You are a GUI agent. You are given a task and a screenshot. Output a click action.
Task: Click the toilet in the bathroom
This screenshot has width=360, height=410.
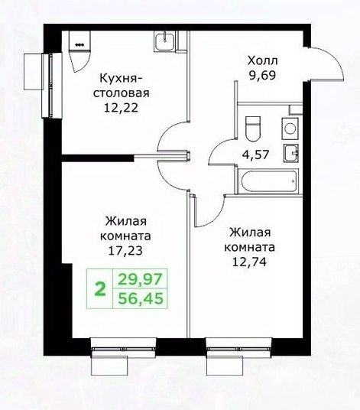point(253,129)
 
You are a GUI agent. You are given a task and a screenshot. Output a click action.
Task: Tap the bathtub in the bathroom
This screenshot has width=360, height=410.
point(269,181)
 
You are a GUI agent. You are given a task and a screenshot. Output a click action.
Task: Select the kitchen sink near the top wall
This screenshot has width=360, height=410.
point(164,41)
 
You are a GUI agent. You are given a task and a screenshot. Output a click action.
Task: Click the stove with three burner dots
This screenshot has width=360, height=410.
point(79,41)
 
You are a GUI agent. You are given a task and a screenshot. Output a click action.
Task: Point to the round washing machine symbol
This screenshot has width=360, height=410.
point(290,129)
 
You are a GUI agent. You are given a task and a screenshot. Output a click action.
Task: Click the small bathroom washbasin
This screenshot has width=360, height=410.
point(290,153)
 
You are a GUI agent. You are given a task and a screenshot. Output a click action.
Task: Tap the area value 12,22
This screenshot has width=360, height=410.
point(121,107)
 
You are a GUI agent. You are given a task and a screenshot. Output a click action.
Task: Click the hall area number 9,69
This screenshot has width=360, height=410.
point(262,75)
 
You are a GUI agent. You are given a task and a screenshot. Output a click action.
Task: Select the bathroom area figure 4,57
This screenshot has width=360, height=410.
point(255,155)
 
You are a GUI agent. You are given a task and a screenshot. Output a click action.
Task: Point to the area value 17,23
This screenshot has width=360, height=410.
point(125,250)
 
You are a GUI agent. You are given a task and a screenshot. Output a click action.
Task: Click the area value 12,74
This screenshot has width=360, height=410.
point(249,262)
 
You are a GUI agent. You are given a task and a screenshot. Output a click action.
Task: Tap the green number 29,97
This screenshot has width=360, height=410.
point(141,278)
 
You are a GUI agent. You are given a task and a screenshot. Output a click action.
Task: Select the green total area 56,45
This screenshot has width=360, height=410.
point(141,298)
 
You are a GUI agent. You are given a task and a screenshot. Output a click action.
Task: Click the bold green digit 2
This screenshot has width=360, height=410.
point(100,289)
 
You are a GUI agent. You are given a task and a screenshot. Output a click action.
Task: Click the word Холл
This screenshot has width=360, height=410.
point(263,60)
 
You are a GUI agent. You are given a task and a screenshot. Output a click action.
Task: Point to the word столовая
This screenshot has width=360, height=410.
point(122,93)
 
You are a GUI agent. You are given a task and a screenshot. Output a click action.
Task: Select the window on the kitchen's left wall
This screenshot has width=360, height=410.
point(52,85)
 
